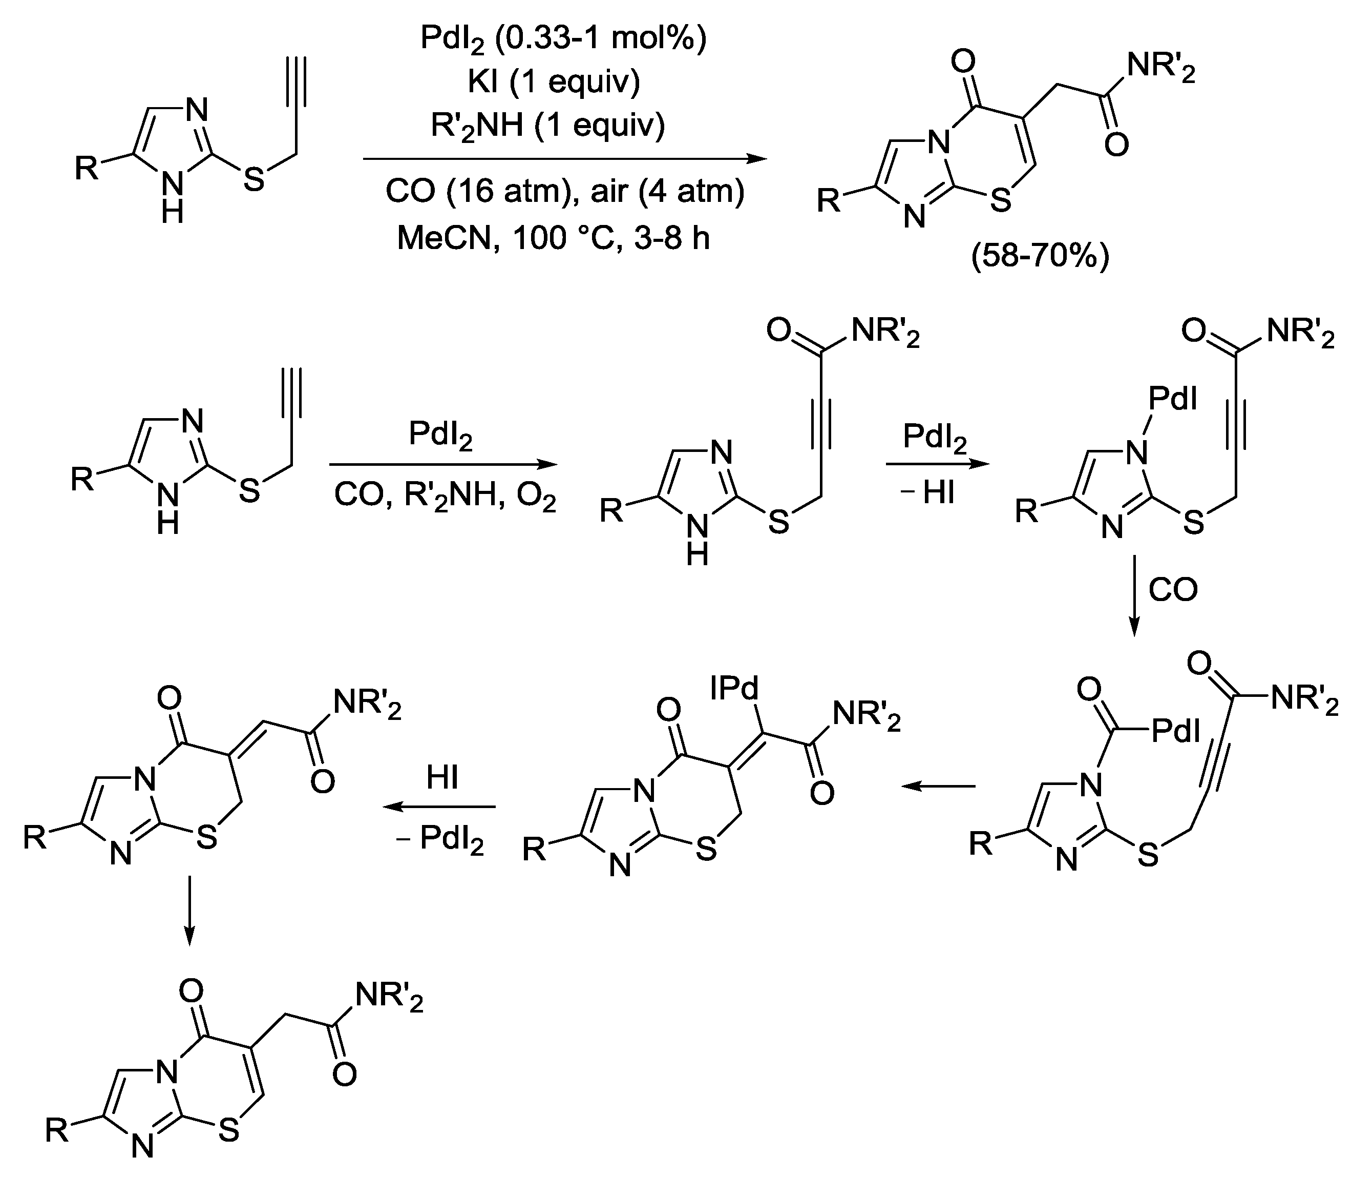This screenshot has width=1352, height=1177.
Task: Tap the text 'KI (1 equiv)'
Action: coord(554,81)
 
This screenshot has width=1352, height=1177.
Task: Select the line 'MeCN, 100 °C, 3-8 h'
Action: coord(553,238)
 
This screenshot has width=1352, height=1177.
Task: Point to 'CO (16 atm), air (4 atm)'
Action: coord(564,191)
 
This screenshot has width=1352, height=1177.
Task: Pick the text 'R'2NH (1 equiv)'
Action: coord(548,125)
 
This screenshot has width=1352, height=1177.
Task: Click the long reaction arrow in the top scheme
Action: coord(564,159)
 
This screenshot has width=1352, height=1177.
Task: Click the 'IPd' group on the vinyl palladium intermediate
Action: coord(735,688)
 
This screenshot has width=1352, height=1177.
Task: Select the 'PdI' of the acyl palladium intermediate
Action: coord(1175,730)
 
